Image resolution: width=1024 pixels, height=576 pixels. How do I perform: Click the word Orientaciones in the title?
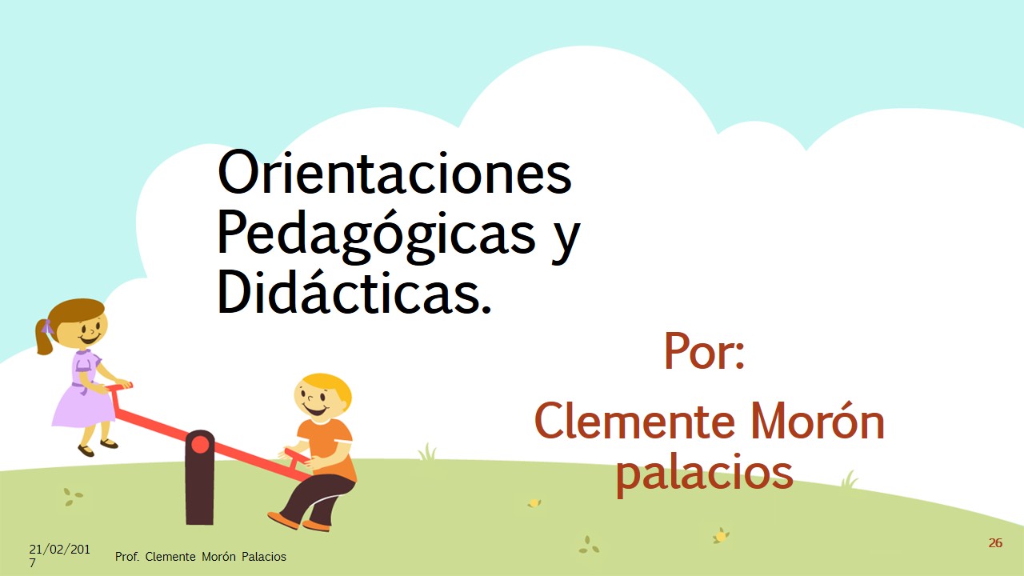point(394,172)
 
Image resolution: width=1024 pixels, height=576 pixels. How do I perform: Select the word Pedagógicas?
point(376,237)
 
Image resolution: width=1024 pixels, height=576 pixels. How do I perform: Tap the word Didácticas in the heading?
point(354,290)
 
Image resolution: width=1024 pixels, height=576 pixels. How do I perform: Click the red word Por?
point(705,351)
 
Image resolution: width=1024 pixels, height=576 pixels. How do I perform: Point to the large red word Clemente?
point(634,422)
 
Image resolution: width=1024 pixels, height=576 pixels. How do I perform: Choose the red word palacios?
point(705,475)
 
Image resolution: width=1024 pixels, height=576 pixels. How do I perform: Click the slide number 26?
point(995,543)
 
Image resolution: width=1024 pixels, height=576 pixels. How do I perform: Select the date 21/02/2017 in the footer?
point(59,555)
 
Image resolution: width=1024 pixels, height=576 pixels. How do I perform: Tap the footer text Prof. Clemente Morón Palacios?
point(200,557)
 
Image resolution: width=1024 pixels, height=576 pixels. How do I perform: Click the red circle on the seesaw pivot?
point(200,444)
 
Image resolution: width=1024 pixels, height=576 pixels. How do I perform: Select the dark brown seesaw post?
point(200,478)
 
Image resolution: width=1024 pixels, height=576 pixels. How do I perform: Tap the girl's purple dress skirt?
point(83,407)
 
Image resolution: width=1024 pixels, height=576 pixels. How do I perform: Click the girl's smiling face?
point(88,329)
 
